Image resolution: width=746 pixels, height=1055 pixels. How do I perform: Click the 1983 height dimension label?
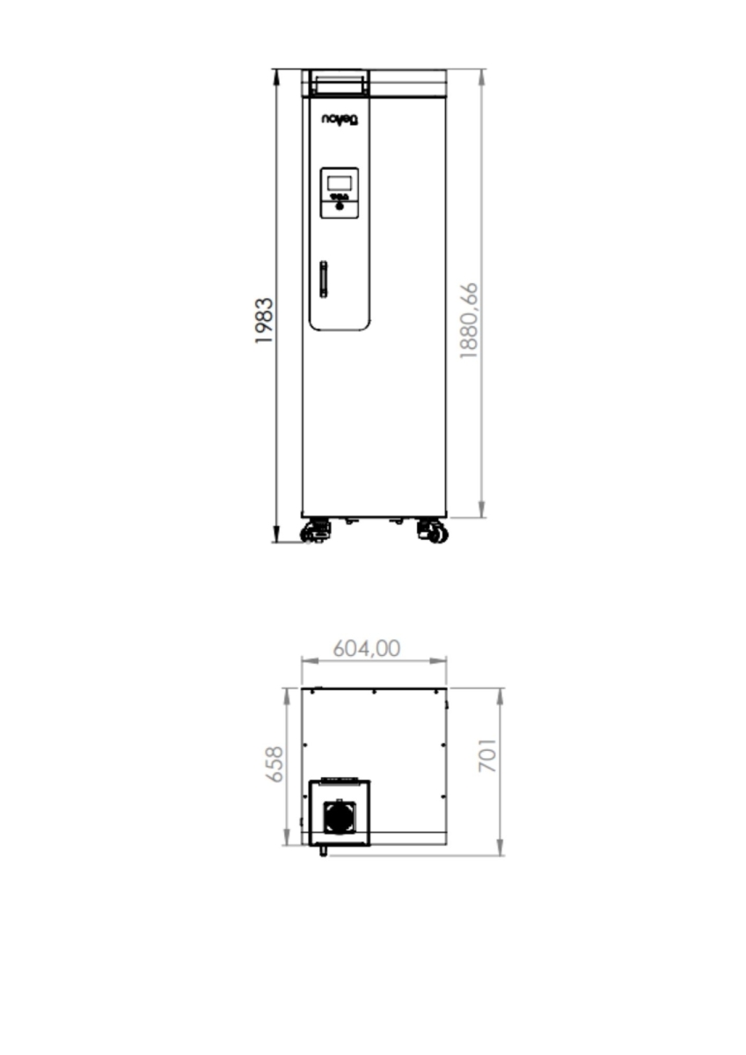264,321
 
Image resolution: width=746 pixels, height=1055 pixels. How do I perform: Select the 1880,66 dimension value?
469,321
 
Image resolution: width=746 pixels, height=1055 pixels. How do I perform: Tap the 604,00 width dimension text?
367,649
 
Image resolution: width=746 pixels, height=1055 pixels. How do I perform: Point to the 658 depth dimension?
274,764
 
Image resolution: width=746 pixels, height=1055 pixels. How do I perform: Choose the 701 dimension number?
487,755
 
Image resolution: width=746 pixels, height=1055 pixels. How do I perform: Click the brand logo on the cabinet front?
340,120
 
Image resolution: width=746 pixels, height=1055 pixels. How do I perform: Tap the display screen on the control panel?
340,183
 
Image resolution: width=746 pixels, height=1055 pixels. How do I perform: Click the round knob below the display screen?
340,206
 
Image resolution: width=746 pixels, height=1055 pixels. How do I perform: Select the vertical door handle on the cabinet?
324,280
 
